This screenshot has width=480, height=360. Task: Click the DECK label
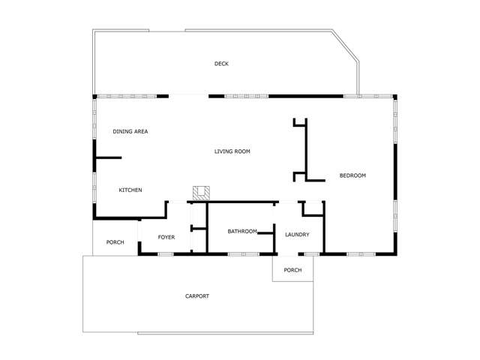click(221, 64)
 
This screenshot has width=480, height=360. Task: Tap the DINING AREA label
click(130, 132)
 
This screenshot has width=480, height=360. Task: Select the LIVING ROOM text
click(232, 151)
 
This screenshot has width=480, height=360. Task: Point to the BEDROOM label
click(352, 175)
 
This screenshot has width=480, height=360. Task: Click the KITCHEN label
click(130, 190)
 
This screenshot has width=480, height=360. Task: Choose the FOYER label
click(166, 237)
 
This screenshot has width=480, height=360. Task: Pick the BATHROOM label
click(243, 231)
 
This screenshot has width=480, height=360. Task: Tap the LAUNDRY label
click(297, 235)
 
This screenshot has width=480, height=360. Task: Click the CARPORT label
click(197, 296)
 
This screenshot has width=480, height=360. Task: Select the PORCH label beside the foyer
click(115, 242)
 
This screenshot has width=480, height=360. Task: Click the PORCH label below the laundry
click(292, 270)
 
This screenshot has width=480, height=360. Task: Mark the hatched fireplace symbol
click(200, 193)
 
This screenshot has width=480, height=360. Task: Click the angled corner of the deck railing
click(346, 47)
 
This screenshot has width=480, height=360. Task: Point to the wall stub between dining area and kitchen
click(108, 157)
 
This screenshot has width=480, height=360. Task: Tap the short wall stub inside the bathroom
click(265, 234)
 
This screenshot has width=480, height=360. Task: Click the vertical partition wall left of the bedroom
click(305, 150)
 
